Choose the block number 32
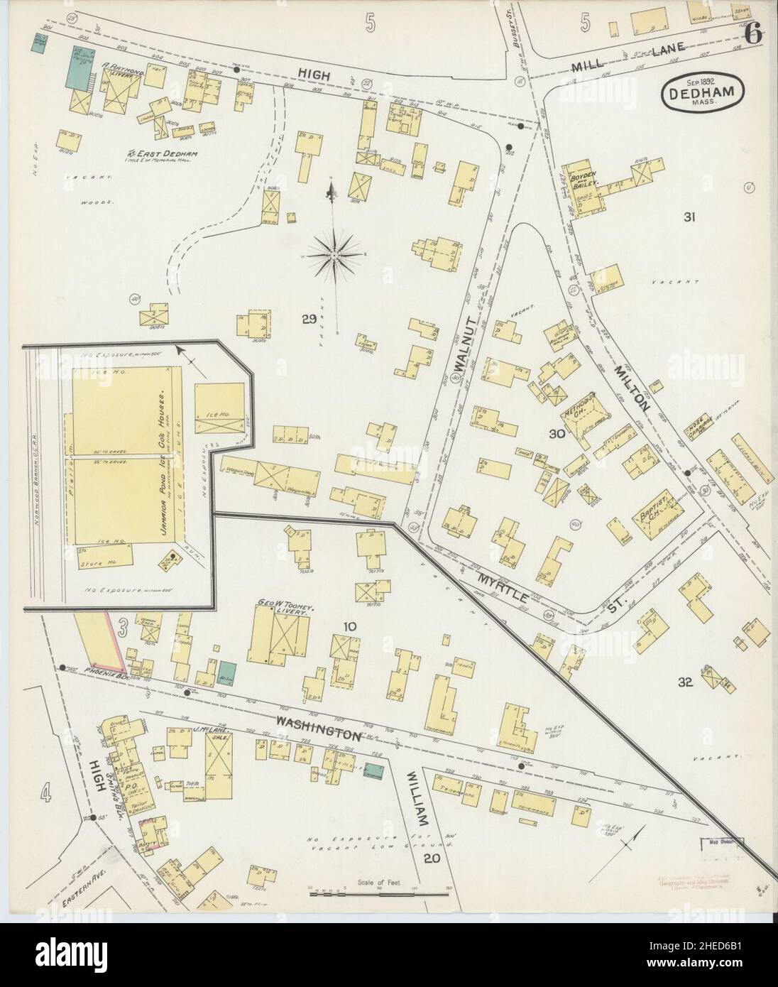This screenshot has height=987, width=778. tap(684, 682)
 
